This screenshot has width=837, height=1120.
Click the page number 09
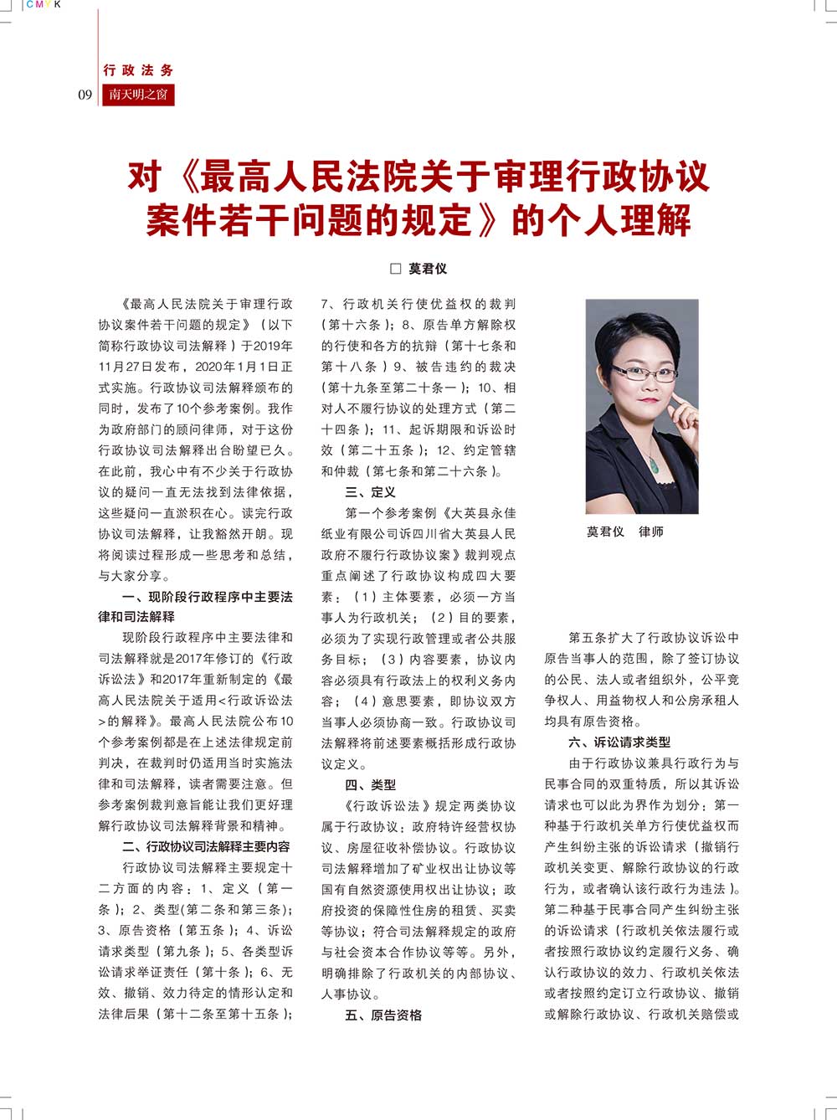pos(85,95)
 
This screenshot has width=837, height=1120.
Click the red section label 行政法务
pos(138,70)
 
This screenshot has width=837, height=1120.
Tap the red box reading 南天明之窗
pos(138,95)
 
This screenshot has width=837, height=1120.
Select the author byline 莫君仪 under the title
pos(428,269)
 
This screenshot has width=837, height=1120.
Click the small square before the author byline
pos(397,269)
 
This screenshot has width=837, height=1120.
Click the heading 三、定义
pos(370,492)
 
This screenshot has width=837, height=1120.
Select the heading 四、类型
pos(370,785)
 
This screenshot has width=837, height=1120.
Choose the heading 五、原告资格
pos(383,1015)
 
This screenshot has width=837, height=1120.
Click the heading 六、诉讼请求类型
pos(619,742)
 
